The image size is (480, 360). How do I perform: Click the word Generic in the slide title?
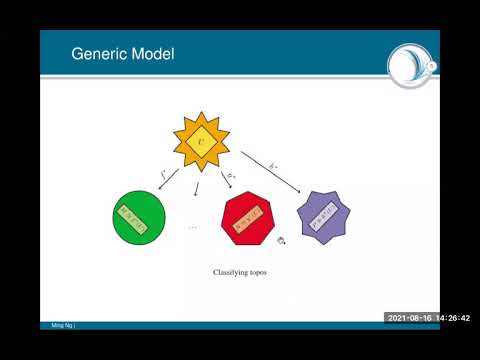coord(97,53)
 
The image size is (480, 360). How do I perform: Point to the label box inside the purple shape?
coord(328,217)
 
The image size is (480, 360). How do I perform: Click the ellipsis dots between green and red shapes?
coord(194,227)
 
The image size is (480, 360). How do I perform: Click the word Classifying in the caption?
coord(228,271)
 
